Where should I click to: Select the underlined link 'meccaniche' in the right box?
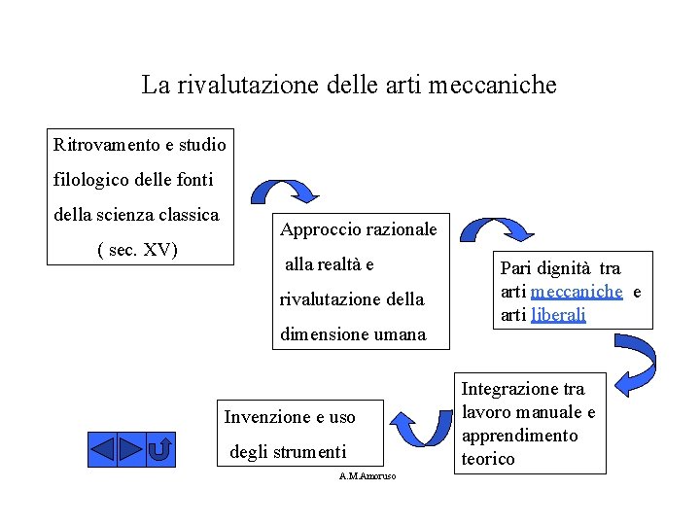pyautogui.click(x=577, y=292)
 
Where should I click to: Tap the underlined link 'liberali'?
pyautogui.click(x=558, y=315)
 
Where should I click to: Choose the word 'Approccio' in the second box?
pyautogui.click(x=318, y=229)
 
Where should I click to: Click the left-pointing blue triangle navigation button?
pyautogui.click(x=103, y=450)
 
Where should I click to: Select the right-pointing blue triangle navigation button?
pyautogui.click(x=131, y=450)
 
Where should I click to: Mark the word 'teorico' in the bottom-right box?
pyautogui.click(x=489, y=459)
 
